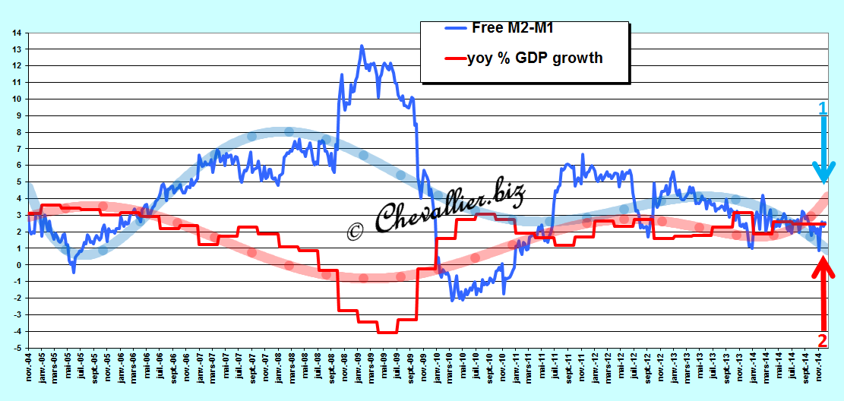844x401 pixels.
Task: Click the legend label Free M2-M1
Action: click(x=513, y=27)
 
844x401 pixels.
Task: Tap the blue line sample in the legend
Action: click(x=457, y=27)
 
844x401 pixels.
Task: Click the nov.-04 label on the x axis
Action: click(x=29, y=367)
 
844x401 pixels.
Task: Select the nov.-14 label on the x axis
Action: click(x=819, y=367)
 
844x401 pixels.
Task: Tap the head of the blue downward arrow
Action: click(x=823, y=174)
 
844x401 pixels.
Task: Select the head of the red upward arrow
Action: click(x=823, y=267)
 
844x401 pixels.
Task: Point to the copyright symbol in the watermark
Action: click(x=355, y=229)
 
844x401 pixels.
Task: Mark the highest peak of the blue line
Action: click(x=361, y=46)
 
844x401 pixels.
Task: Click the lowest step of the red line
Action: click(x=387, y=333)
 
